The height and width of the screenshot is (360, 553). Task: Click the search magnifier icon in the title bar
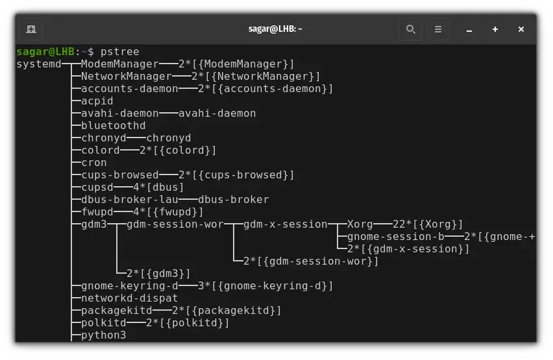point(410,29)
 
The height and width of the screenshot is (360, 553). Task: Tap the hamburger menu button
point(438,29)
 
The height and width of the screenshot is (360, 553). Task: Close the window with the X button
point(521,29)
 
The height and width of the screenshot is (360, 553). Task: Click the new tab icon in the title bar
point(31,29)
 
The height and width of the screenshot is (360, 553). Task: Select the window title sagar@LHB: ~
point(275,29)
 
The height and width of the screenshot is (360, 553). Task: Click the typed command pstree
point(120,52)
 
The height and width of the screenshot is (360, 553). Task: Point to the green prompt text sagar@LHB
point(45,51)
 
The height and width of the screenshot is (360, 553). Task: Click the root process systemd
point(39,64)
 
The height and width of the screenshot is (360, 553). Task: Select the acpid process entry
point(97,101)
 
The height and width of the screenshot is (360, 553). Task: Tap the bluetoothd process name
point(113,126)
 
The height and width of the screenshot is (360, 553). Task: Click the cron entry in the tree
point(94,163)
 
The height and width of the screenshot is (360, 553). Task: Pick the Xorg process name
point(360,224)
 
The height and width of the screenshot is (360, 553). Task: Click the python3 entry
point(103,335)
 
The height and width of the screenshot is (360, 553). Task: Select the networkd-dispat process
point(129,298)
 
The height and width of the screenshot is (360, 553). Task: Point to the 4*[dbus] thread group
point(158,187)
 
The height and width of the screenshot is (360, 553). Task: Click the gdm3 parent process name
point(94,224)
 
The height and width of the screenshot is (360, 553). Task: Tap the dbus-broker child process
point(234,200)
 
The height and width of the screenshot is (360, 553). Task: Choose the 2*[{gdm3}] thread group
point(158,274)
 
